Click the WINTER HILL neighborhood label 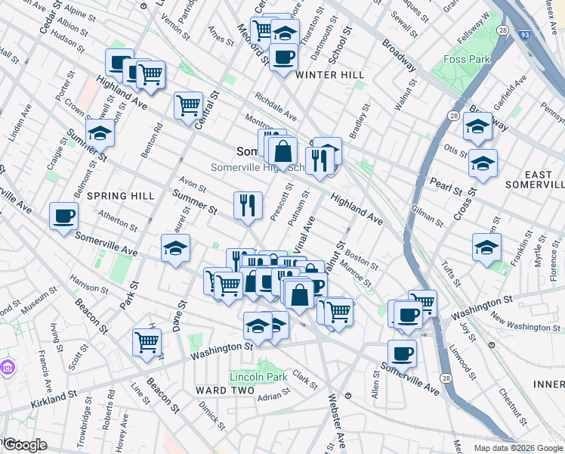330,75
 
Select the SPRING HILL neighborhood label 121,196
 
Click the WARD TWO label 221,390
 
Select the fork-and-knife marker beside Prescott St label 248,204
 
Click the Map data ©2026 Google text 517,446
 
